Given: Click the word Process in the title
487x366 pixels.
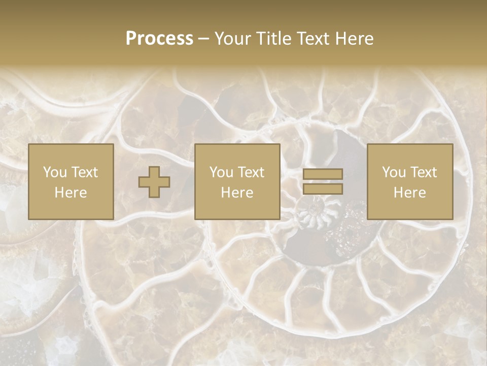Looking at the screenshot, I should coord(159,39).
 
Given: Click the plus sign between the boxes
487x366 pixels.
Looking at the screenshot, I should coord(154,182).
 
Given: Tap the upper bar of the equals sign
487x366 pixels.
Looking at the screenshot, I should coord(323,174).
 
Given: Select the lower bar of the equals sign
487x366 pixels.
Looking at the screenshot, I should coord(323,189).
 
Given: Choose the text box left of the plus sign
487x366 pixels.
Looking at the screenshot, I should coord(71,181).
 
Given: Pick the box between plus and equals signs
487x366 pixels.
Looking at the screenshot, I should coord(237,181).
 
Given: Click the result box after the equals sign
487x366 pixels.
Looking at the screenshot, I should coord(409,181).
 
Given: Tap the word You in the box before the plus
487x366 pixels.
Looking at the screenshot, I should coord(54,172).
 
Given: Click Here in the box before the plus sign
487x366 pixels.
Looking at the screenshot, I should coord(71,193).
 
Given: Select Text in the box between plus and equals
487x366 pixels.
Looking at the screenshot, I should coord(252,172).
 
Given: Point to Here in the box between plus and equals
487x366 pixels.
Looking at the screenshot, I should coord(237,193).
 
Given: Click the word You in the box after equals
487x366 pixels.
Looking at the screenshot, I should coord(393,172).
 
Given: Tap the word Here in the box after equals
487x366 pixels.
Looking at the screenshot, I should coord(409,193).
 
